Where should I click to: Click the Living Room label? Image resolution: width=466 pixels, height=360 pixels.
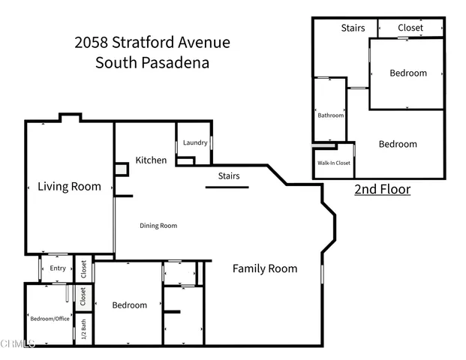point(69,187)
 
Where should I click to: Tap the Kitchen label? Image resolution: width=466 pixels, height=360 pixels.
point(151,160)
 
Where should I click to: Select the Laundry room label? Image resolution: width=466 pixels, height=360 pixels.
point(195,142)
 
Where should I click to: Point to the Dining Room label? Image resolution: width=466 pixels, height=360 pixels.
point(158,225)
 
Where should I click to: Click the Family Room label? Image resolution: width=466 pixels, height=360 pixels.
point(264,268)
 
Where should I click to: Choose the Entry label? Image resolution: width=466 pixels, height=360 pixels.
point(58,268)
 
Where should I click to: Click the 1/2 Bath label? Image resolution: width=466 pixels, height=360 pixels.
point(83,328)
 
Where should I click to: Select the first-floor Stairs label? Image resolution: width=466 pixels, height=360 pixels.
point(229,176)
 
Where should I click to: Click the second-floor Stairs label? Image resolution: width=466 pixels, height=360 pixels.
point(353,28)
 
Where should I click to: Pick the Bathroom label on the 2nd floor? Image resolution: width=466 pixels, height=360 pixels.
point(330,115)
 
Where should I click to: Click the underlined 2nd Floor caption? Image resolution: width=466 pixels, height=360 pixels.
point(382,189)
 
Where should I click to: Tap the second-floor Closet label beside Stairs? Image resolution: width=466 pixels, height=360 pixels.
point(410,28)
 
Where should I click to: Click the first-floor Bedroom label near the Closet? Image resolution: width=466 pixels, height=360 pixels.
point(130,305)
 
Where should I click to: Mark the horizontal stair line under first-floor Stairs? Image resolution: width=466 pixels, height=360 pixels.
point(227,187)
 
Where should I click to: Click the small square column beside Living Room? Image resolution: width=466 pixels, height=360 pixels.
point(120,169)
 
